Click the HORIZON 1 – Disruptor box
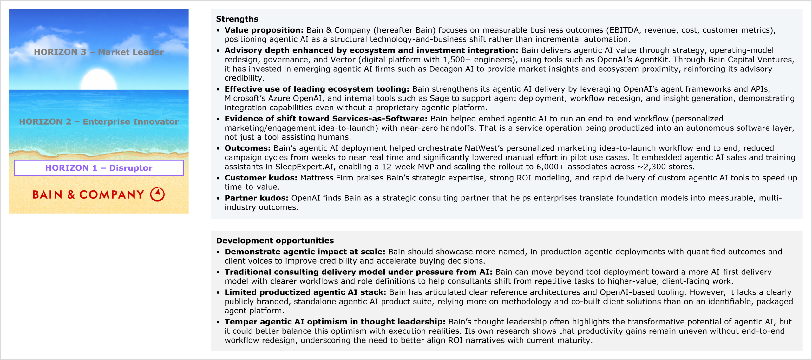(x=99, y=168)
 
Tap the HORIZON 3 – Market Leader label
(x=99, y=52)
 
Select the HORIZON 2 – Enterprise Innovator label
(x=99, y=122)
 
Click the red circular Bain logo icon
(x=157, y=194)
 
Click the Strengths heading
(x=237, y=19)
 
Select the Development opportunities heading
(x=275, y=240)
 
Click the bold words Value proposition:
(x=264, y=30)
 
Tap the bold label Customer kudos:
(x=261, y=178)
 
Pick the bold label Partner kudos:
(x=256, y=198)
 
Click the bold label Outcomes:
(x=247, y=148)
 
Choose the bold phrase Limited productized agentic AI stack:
(x=305, y=292)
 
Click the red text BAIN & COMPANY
(x=88, y=194)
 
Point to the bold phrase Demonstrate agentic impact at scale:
(x=304, y=252)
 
